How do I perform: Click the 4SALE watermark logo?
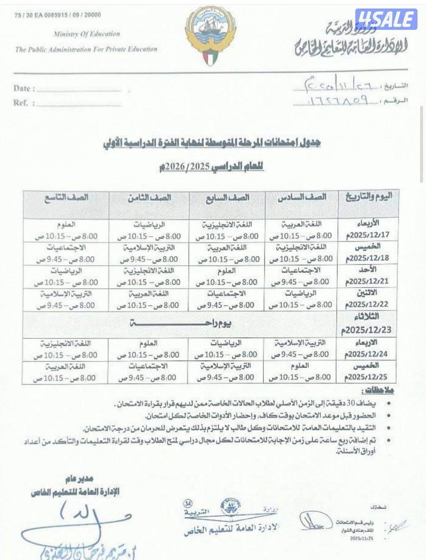point(386,19)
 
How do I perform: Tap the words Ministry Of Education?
point(87,34)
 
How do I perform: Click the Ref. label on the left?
point(21,103)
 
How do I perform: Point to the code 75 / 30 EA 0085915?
point(58,15)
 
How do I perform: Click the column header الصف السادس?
point(302,197)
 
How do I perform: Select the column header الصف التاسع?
point(66,197)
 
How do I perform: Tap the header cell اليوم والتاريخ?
point(368,197)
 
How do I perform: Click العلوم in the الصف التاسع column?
point(66,224)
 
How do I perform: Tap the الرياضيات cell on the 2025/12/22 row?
point(301,294)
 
